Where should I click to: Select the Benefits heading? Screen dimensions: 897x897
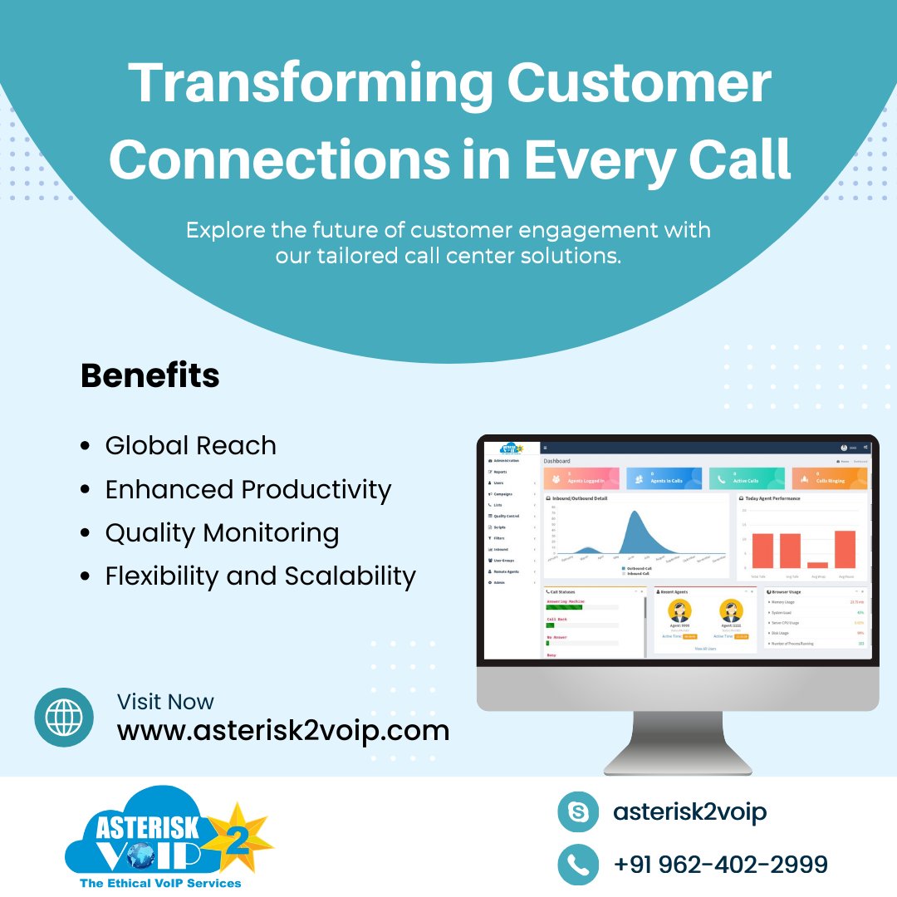coord(150,376)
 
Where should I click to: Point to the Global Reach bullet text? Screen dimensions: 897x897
coord(190,446)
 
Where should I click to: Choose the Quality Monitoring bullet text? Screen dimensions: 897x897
coord(222,533)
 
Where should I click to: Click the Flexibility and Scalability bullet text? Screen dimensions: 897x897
coord(260,576)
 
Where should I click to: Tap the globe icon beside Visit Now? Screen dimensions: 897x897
coord(64,717)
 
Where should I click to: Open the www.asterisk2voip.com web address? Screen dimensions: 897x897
coord(282,731)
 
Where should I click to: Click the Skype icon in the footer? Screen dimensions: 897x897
coord(578,811)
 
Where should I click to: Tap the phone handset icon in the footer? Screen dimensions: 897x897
coord(578,864)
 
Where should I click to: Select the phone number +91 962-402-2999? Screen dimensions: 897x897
coord(721,865)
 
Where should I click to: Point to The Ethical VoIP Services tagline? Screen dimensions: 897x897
coord(160,883)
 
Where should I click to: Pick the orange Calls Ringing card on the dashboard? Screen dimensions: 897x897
coord(829,478)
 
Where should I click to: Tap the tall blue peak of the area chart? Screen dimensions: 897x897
coord(635,523)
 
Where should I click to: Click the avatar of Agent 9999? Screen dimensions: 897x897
coord(679,611)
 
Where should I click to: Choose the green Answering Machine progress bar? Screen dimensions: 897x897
coord(564,607)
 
